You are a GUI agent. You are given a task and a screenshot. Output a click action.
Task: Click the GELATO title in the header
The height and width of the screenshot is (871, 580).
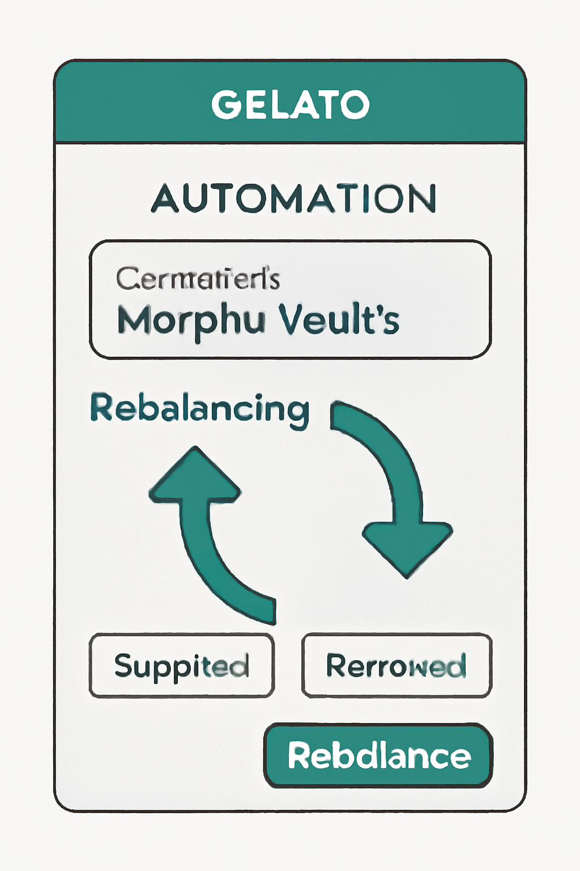click(x=290, y=104)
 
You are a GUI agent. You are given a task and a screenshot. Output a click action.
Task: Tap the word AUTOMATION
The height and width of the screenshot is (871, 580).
click(x=293, y=198)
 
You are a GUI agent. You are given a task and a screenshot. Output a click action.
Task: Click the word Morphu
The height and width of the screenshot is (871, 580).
click(x=191, y=321)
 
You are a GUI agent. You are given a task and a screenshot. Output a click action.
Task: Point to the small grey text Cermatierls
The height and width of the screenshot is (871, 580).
click(x=198, y=278)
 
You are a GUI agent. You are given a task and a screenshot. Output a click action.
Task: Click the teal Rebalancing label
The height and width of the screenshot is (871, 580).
click(x=199, y=408)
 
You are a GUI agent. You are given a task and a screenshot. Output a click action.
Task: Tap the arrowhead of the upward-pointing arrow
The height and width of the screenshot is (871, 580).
click(x=195, y=476)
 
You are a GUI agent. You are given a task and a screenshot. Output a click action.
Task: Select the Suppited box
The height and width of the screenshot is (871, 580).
click(x=181, y=665)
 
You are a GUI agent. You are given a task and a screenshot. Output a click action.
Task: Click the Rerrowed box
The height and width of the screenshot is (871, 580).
click(x=396, y=665)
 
